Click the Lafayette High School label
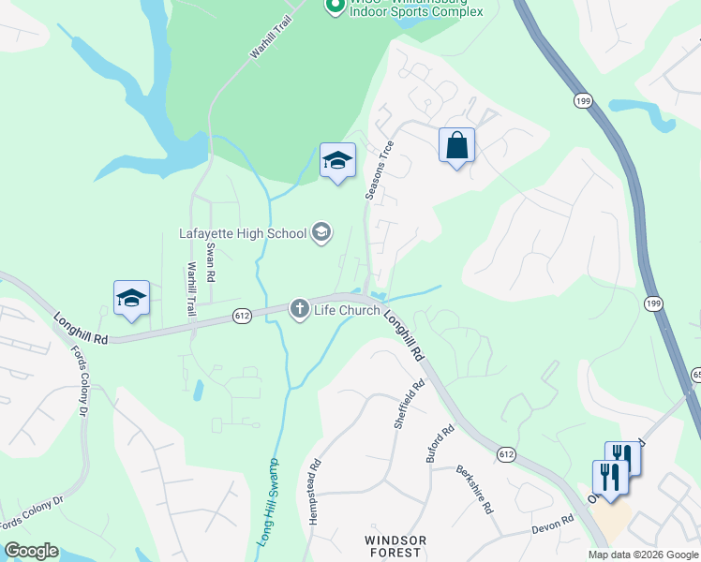[x=243, y=233]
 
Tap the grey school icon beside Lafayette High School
[x=321, y=232]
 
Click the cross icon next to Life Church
[x=300, y=309]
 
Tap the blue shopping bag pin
[x=456, y=146]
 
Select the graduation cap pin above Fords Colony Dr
[x=132, y=299]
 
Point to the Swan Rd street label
[x=211, y=263]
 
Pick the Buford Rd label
[x=440, y=445]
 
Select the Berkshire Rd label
[x=474, y=490]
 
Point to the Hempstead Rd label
[x=315, y=491]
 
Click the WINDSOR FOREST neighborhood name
[x=395, y=547]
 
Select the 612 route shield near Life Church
[x=243, y=317]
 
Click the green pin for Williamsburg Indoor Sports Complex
[x=334, y=6]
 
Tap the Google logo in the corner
[x=31, y=551]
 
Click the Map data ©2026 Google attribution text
[x=642, y=555]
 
